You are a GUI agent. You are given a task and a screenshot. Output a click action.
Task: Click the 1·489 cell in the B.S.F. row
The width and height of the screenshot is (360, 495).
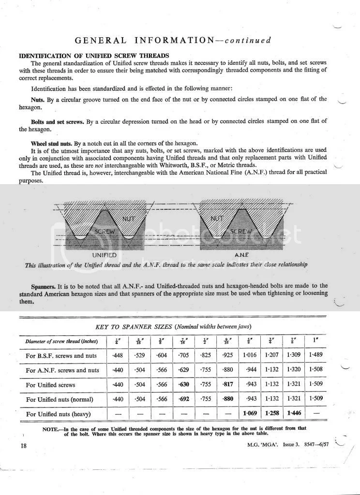click(x=316, y=356)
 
